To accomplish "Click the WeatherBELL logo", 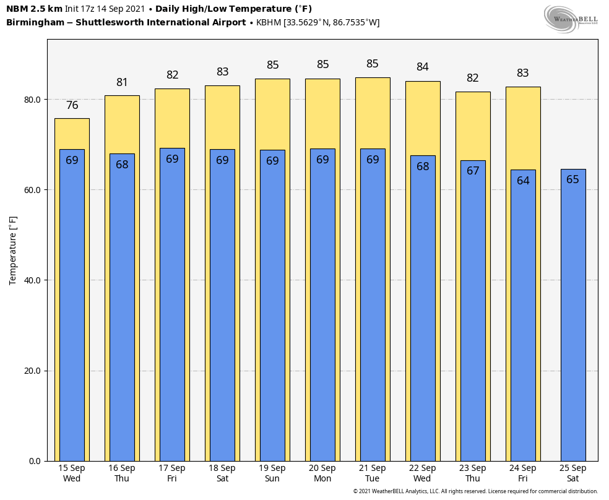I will tap(571, 19).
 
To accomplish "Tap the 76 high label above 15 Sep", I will tap(72, 105).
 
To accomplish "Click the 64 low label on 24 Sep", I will tap(523, 181).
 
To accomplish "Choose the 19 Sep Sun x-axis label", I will tap(272, 473).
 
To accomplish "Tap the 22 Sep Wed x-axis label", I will tap(423, 473).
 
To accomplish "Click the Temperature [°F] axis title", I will tap(14, 250).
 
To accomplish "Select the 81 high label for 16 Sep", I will tap(122, 82).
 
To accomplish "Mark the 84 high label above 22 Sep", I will tap(423, 67).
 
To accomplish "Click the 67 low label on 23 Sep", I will tap(473, 171).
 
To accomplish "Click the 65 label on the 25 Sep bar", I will tap(573, 179).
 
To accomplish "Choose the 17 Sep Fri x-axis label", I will tap(172, 473).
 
